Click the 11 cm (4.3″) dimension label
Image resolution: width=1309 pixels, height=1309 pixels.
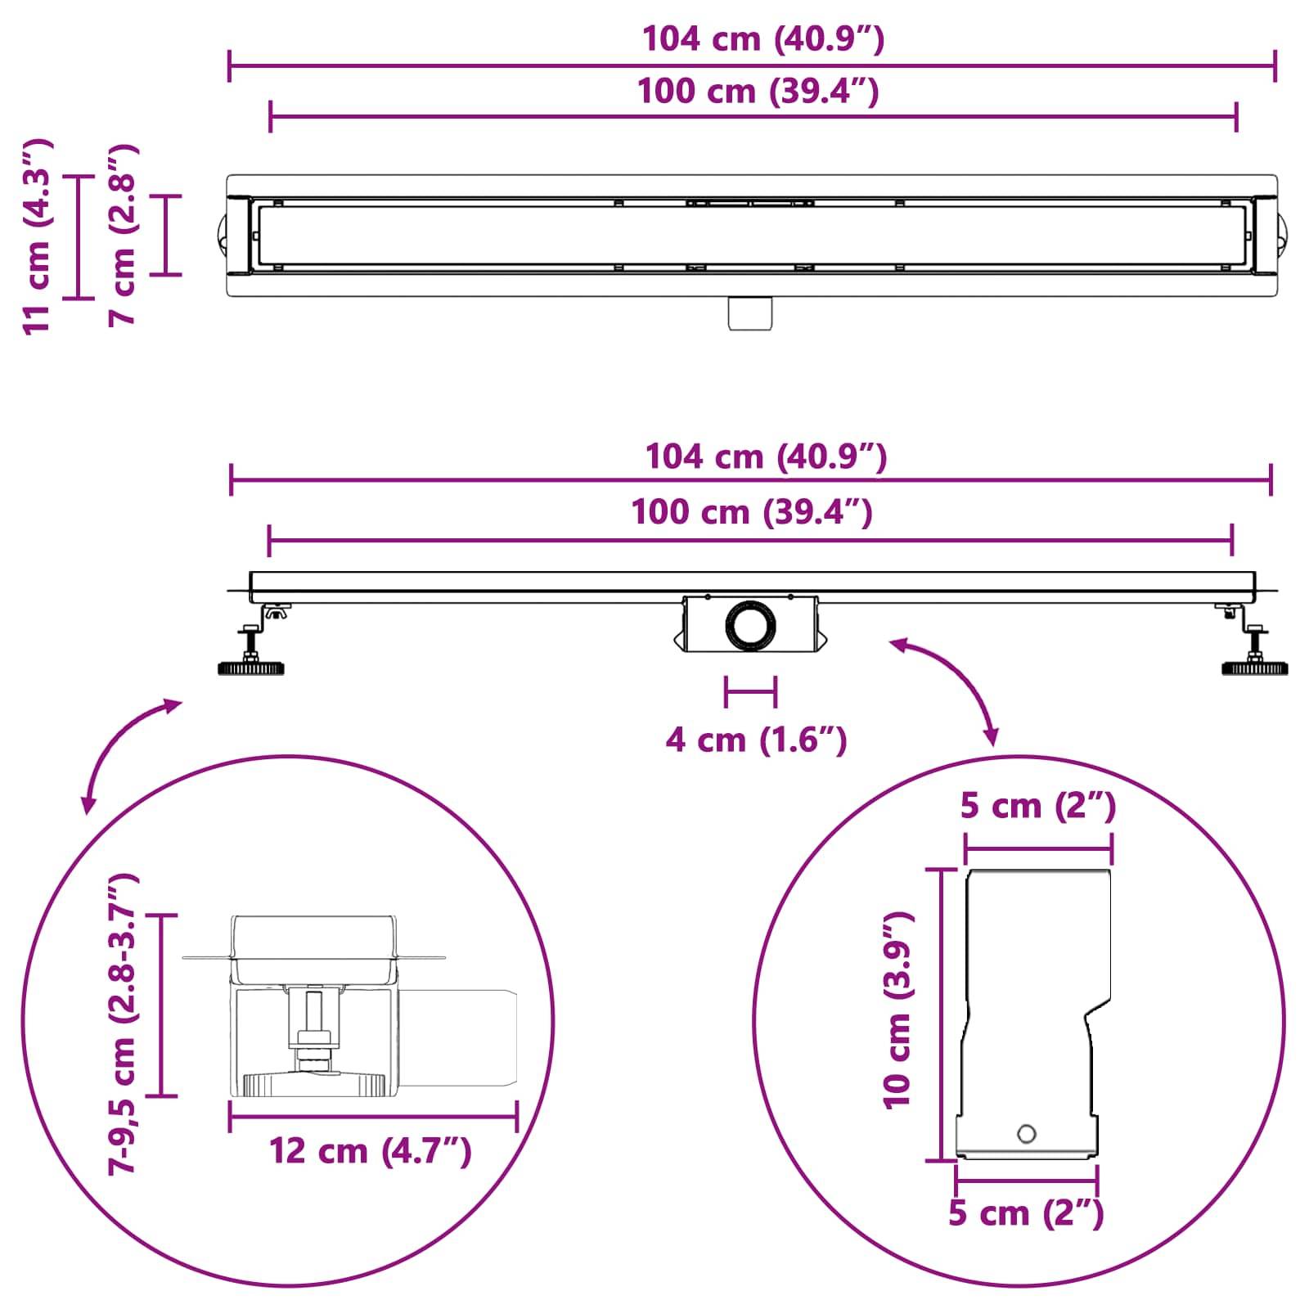[37, 236]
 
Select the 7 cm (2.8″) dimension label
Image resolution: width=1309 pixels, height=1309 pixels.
[124, 236]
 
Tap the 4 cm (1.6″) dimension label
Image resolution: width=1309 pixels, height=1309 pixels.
[756, 740]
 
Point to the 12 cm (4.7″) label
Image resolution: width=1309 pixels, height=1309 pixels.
[371, 1151]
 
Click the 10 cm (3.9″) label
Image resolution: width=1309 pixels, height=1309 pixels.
[897, 1010]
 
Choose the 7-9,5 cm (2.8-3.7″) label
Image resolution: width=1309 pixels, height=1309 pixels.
[124, 1023]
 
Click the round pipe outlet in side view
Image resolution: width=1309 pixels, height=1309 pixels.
[749, 627]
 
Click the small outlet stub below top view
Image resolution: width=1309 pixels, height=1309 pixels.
[750, 314]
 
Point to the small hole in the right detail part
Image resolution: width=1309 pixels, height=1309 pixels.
[1026, 1134]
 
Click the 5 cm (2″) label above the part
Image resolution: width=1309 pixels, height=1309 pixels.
[1037, 806]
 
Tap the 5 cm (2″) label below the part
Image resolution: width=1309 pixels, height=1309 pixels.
[1026, 1212]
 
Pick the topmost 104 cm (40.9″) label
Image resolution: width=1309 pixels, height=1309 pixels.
[762, 39]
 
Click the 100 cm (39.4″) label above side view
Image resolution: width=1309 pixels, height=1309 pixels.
[751, 513]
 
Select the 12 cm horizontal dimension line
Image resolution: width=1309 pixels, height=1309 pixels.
[373, 1116]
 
